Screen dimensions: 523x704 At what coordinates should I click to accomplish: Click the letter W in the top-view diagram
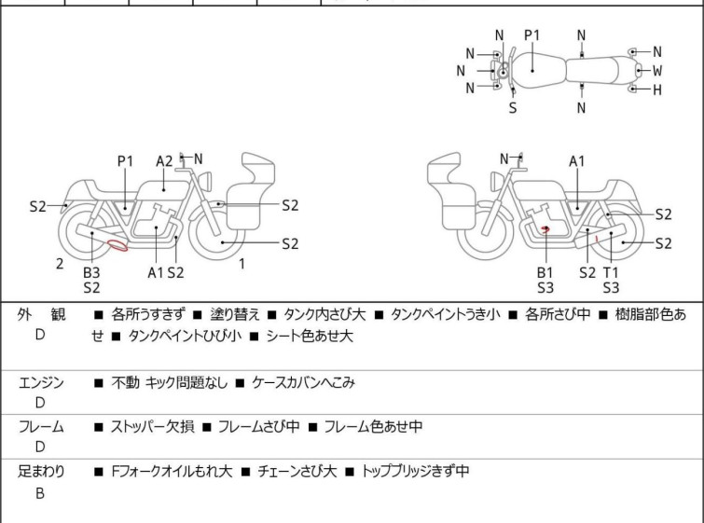(657, 70)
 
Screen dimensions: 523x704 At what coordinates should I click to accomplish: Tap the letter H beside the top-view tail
(657, 89)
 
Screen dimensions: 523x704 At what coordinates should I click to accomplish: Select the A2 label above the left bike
(164, 160)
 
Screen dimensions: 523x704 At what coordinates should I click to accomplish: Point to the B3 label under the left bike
(91, 272)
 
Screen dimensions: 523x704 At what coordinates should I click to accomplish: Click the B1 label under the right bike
(545, 272)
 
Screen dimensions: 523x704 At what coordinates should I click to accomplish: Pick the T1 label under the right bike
(611, 272)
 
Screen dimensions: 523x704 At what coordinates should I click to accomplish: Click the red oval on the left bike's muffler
(118, 246)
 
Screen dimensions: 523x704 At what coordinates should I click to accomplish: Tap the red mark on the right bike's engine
(545, 228)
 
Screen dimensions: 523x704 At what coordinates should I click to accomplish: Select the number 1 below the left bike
(242, 264)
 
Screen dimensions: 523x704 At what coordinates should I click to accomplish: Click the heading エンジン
(41, 382)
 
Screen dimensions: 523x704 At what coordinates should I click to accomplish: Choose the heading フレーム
(41, 427)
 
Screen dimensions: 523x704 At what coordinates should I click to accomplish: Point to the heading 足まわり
(41, 472)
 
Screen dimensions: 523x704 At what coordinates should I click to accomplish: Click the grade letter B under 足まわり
(40, 494)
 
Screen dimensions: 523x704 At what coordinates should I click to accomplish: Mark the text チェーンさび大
(296, 472)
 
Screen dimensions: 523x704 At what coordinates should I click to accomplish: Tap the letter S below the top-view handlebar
(512, 107)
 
